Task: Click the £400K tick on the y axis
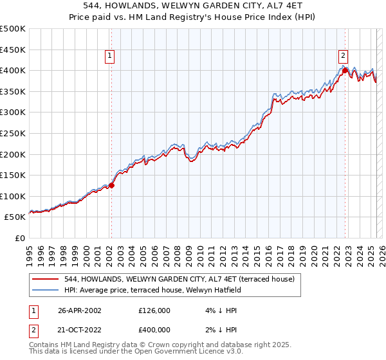click(13, 70)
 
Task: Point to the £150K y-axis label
click(13, 175)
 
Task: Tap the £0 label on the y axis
click(20, 238)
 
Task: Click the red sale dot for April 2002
click(111, 185)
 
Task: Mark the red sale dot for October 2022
click(345, 70)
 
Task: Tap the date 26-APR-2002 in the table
click(79, 310)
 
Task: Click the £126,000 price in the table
click(154, 310)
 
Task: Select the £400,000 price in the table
click(154, 330)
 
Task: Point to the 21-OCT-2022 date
click(79, 330)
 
